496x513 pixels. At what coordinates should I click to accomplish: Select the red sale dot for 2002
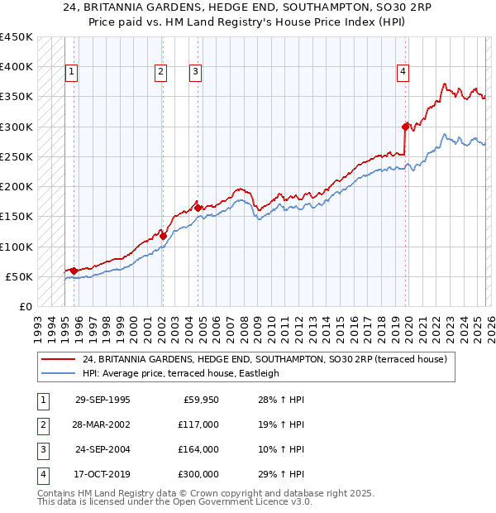[163, 236]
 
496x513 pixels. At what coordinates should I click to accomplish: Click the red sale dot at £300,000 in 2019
[406, 127]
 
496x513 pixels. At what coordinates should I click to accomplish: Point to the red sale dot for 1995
[74, 271]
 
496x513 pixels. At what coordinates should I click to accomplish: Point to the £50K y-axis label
[19, 276]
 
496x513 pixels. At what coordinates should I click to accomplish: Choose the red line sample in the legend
[59, 359]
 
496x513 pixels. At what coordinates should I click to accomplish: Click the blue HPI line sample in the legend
[59, 373]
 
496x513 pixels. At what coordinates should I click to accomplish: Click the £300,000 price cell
[197, 474]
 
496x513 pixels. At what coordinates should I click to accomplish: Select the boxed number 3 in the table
[41, 449]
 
